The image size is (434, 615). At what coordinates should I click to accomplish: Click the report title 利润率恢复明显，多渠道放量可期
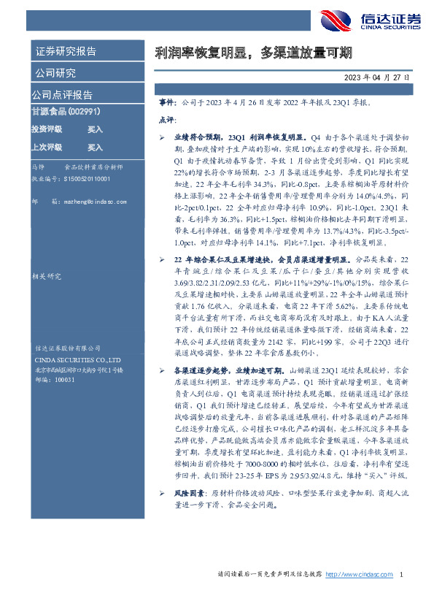point(254,53)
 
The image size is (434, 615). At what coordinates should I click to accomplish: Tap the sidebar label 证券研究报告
point(66,52)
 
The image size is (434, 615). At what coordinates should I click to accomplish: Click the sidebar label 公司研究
point(55,73)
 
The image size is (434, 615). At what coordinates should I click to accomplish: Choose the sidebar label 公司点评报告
point(62,95)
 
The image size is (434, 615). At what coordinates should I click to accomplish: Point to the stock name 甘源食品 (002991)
point(65,111)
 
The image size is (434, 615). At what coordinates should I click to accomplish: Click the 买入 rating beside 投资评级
point(95,129)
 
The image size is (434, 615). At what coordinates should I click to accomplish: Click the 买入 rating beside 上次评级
point(95,147)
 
